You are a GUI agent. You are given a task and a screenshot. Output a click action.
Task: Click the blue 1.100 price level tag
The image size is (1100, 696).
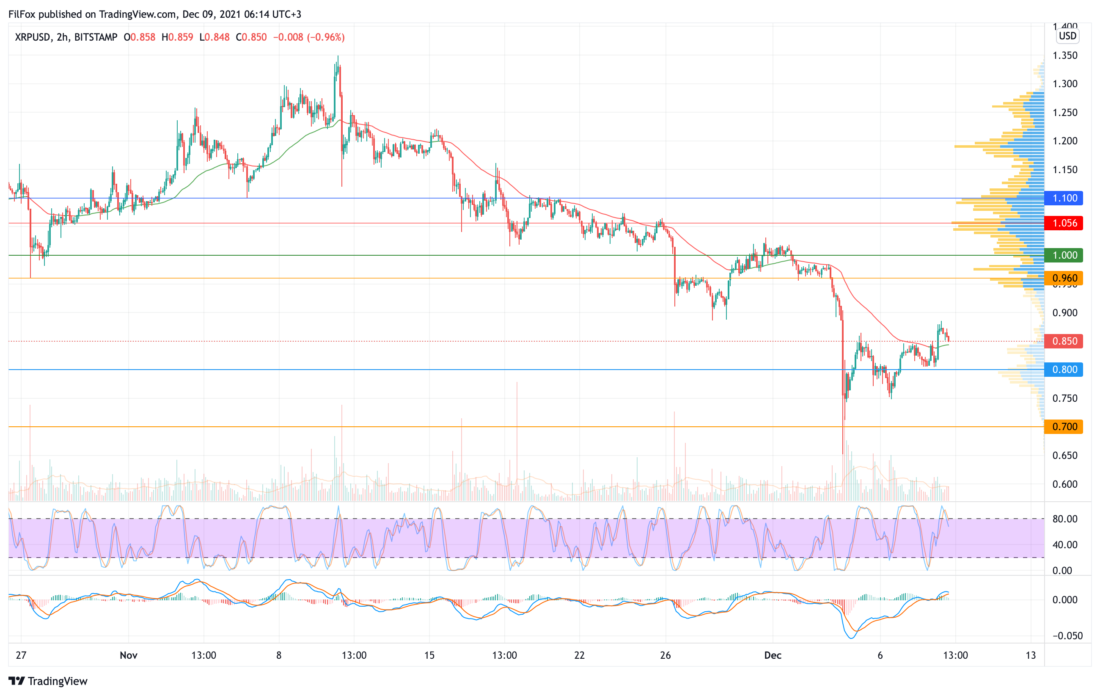[x=1064, y=198]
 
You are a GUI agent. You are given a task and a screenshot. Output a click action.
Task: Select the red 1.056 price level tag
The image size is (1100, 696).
[x=1064, y=223]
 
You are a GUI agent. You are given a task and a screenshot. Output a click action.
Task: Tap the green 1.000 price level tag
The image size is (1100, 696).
[x=1064, y=255]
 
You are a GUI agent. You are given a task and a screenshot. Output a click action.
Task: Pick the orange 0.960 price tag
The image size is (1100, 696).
[x=1064, y=278]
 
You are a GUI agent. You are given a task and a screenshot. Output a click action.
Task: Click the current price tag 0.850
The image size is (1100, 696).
[x=1064, y=341]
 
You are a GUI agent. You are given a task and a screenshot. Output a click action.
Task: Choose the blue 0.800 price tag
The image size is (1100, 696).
[x=1064, y=369]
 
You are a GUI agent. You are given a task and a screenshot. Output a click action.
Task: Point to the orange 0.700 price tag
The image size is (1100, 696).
[x=1064, y=426]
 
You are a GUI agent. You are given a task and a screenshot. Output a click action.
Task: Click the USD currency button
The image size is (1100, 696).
[x=1067, y=36]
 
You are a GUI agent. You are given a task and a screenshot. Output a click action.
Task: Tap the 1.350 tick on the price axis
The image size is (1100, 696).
[x=1065, y=55]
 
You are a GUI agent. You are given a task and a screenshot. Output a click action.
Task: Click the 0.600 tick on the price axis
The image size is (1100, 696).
[x=1065, y=484]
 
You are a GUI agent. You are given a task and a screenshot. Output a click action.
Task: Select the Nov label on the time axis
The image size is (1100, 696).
[x=128, y=655]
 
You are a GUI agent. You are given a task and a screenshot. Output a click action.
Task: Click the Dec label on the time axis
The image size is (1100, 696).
[x=773, y=655]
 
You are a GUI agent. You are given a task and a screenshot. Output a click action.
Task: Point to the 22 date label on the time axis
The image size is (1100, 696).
[x=579, y=655]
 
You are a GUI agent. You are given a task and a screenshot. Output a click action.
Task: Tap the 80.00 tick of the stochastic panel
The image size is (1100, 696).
[x=1065, y=519]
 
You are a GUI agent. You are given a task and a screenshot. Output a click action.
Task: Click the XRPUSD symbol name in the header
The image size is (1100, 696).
[x=33, y=37]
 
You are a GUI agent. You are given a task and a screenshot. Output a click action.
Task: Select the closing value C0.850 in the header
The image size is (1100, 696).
[x=251, y=37]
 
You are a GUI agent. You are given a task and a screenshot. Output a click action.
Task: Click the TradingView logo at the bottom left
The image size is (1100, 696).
[x=48, y=681]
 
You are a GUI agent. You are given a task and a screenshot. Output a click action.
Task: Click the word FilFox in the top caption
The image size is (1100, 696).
[x=22, y=14]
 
